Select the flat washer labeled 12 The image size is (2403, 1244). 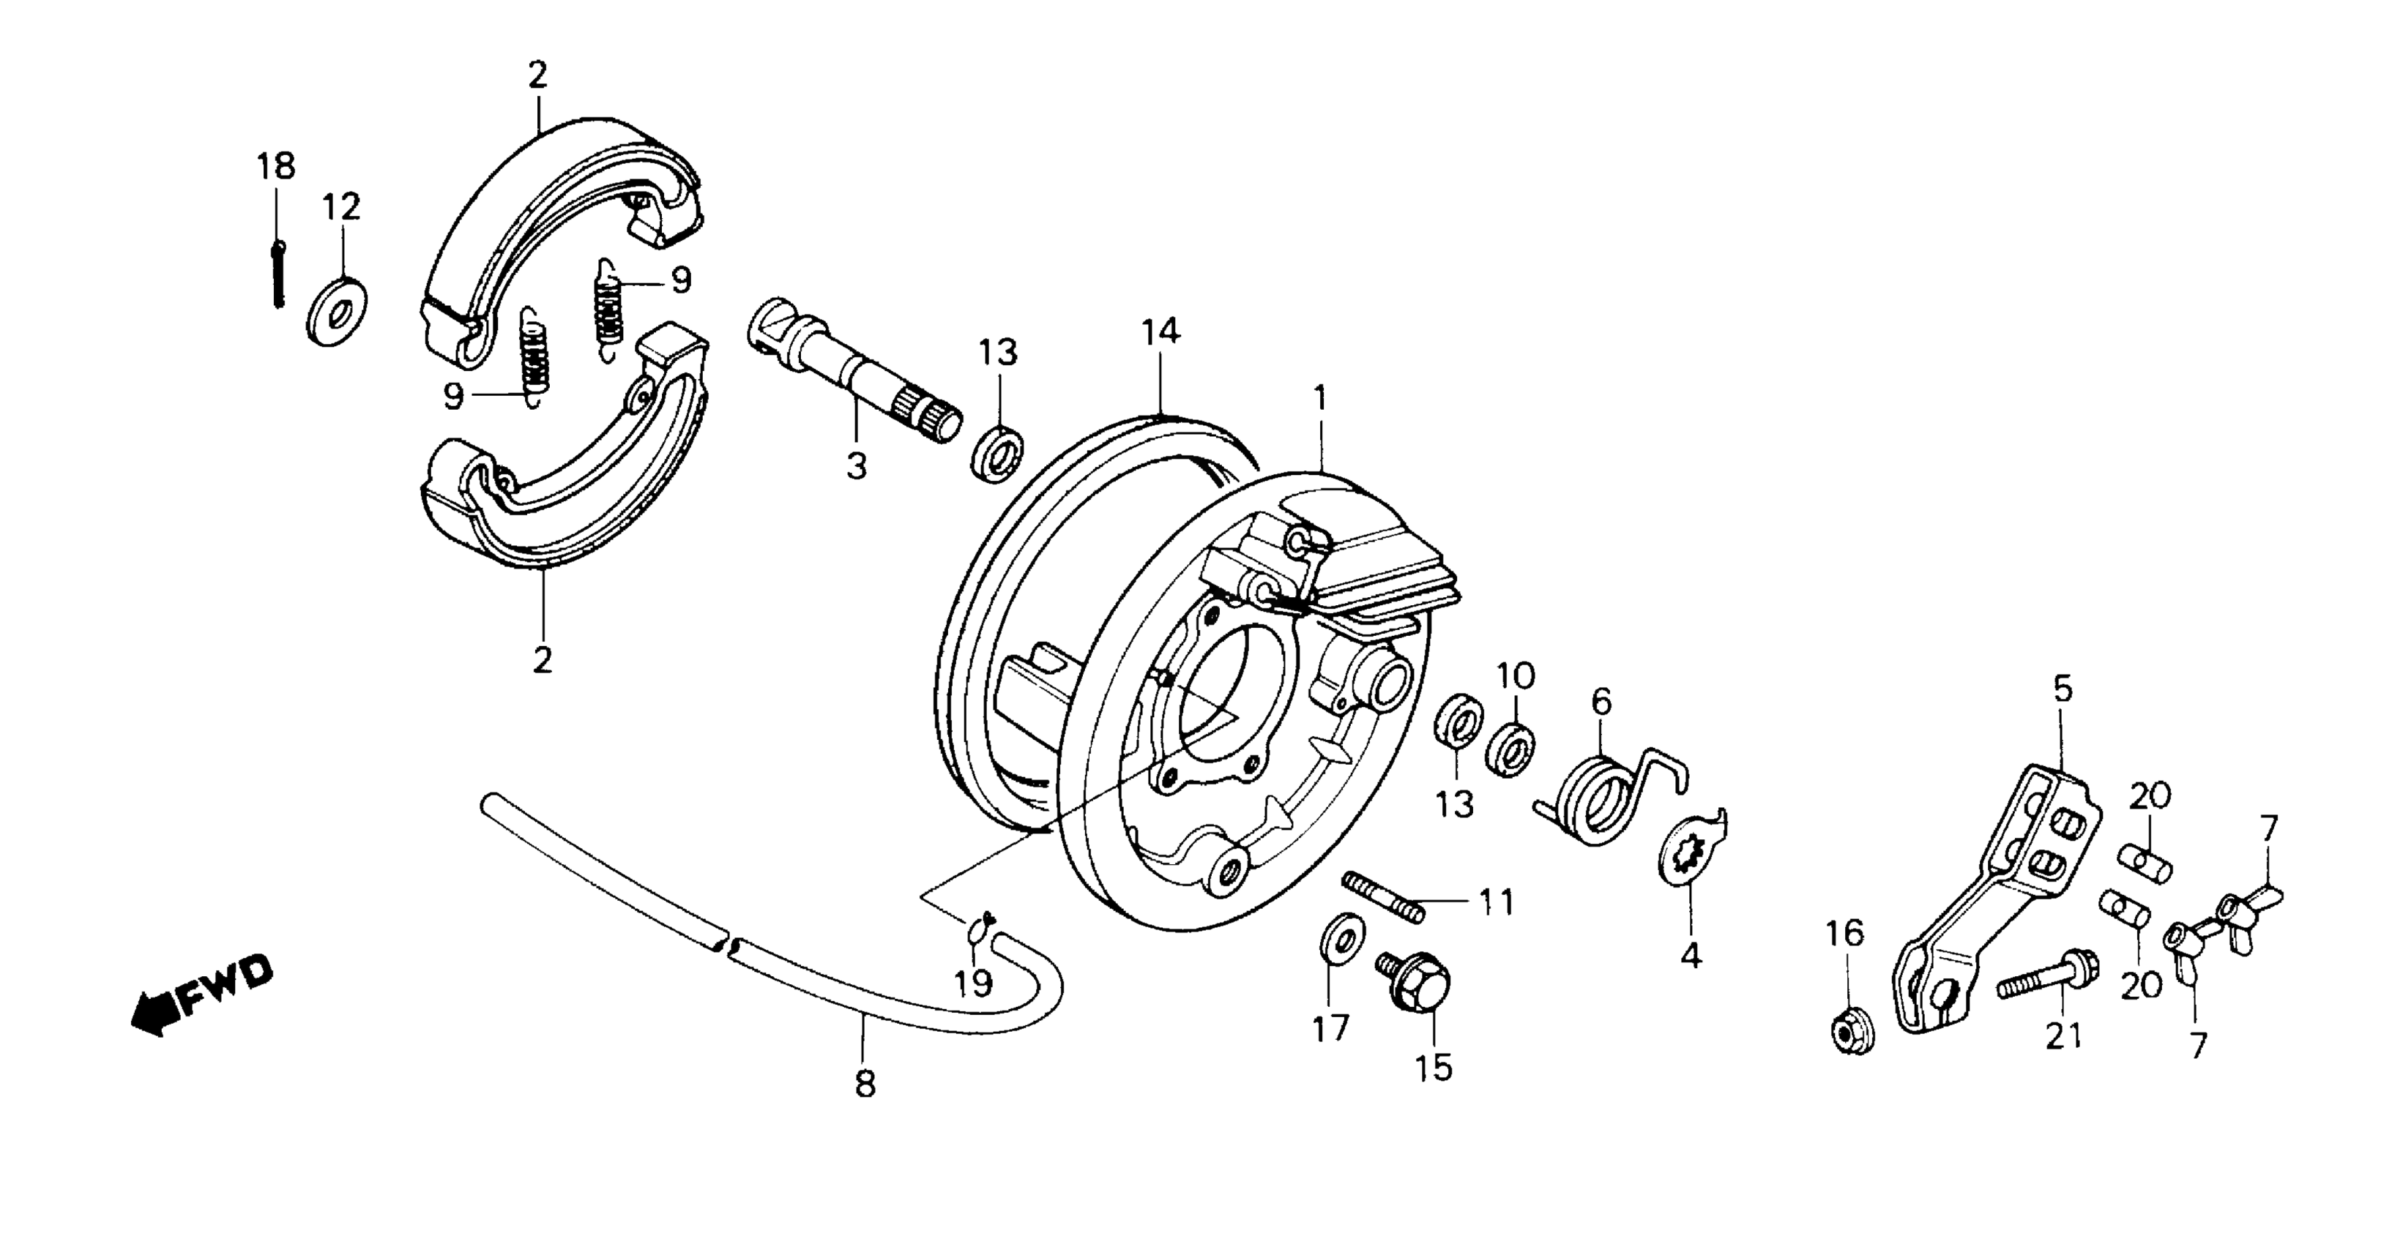click(336, 312)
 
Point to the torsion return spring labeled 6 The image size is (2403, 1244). click(1604, 798)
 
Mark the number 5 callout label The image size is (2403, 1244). click(2062, 689)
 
